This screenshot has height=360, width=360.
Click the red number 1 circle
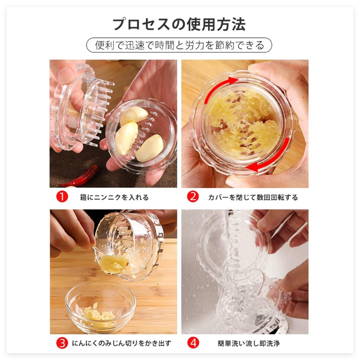[x=62, y=197]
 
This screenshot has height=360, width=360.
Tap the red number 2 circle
[x=193, y=197]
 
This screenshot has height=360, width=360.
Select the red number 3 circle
[x=62, y=343]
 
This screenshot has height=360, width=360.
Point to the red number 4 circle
[x=193, y=343]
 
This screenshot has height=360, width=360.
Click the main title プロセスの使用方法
[x=179, y=24]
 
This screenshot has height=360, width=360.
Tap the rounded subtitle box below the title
[x=179, y=45]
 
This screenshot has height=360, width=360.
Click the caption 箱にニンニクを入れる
[x=114, y=197]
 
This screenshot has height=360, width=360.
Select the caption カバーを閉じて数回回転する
[x=253, y=197]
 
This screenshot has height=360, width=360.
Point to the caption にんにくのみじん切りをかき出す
[x=122, y=343]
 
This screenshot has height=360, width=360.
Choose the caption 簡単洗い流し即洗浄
[x=249, y=344]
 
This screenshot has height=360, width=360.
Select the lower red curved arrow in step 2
[x=274, y=159]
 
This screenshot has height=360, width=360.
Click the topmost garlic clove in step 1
[x=134, y=116]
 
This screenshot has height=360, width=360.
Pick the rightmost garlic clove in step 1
[x=150, y=148]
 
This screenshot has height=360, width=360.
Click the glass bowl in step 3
[x=101, y=307]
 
